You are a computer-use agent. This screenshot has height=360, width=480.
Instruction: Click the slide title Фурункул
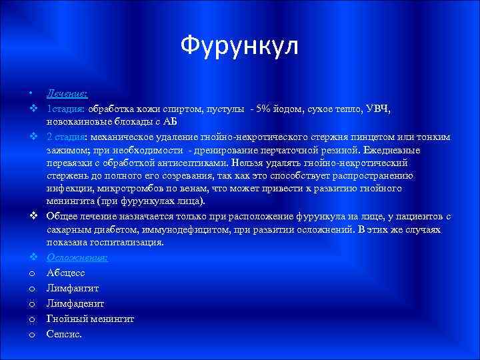(240, 46)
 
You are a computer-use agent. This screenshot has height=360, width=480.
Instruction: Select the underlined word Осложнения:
(77, 257)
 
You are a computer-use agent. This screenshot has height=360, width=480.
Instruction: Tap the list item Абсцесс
(66, 272)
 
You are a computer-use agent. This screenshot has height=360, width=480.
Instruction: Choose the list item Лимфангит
(72, 288)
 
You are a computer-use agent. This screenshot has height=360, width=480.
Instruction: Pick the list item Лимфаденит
(74, 303)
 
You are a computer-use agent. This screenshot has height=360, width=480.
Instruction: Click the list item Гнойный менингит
(90, 319)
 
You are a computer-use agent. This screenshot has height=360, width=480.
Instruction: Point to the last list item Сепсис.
(64, 334)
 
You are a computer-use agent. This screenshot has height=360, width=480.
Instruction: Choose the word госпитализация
(127, 243)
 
